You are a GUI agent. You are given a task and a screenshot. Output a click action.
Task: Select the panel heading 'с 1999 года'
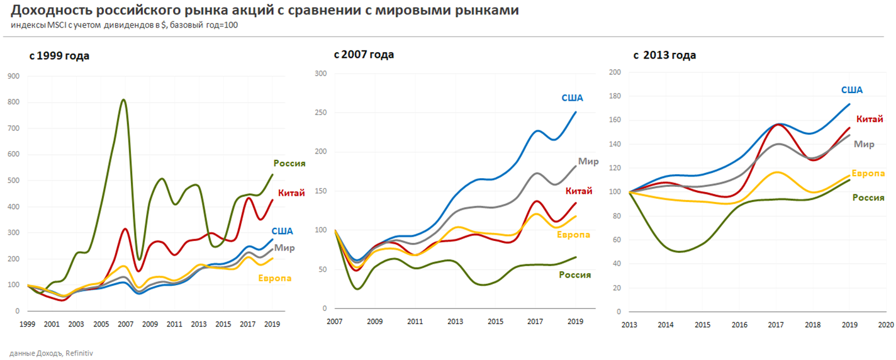[x=59, y=56]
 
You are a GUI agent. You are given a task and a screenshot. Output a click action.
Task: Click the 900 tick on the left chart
[x=13, y=76]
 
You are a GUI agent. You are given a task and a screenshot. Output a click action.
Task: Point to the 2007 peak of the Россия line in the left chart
[x=123, y=100]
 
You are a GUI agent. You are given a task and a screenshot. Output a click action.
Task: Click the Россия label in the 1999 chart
[x=289, y=163]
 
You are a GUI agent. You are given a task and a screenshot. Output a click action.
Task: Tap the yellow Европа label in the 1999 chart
[x=275, y=278]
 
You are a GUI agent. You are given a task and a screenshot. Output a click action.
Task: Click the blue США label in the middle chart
[x=573, y=98]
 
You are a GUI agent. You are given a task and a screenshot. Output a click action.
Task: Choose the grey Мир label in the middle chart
[x=588, y=162]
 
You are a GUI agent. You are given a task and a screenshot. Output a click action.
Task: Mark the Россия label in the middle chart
[x=575, y=275]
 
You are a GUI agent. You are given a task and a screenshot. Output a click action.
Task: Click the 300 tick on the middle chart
[x=321, y=73]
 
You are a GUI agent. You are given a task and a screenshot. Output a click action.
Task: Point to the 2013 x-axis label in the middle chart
[x=455, y=321]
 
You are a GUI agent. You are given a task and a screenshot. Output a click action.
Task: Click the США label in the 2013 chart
[x=852, y=90]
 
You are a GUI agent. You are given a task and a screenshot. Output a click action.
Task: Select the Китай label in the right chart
[x=870, y=119]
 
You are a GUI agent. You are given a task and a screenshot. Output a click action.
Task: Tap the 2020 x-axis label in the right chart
[x=885, y=325]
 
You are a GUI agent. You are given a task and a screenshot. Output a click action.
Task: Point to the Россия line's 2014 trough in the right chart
[x=678, y=252]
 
